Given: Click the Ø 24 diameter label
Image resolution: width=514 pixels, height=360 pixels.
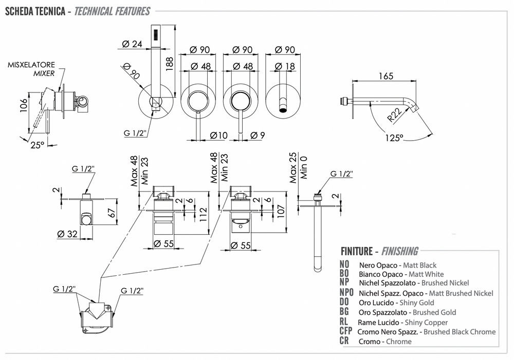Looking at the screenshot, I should tap(133, 44).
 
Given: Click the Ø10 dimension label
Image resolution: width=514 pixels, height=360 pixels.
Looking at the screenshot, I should tap(219, 136).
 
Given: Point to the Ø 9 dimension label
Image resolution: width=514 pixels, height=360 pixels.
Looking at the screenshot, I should tap(258, 136).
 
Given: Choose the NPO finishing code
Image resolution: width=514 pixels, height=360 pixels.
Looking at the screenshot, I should tap(347, 293).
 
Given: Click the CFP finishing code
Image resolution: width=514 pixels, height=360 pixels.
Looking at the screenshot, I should tap(346, 331).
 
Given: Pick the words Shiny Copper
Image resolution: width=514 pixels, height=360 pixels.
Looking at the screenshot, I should tap(426, 322).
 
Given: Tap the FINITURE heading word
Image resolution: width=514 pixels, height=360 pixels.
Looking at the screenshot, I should tap(356, 251).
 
